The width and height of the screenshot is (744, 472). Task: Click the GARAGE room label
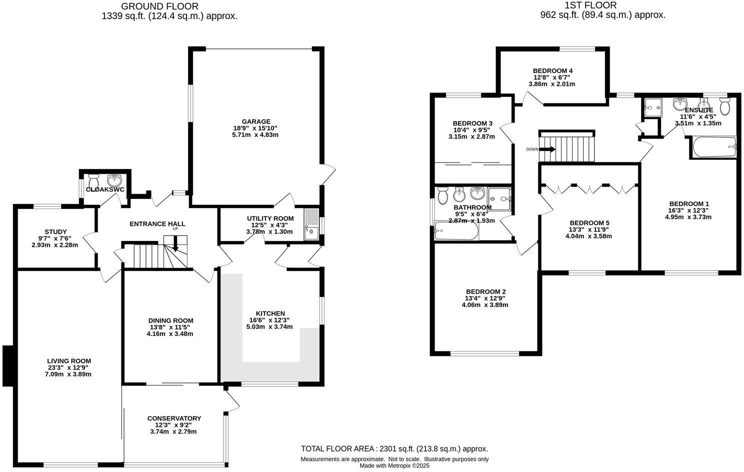[256, 121]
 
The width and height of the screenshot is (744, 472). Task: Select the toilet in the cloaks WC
[93, 179]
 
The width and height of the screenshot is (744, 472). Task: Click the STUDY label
[55, 231]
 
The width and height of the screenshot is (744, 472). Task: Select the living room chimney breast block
[7, 366]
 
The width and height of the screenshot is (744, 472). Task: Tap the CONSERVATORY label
[174, 418]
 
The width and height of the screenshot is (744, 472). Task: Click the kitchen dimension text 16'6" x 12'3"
[269, 320]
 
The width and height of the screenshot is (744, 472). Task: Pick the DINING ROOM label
[170, 320]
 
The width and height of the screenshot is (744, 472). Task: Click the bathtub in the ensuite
[714, 147]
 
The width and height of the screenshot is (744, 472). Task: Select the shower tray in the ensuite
[652, 107]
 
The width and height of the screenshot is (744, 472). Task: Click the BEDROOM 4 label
[552, 70]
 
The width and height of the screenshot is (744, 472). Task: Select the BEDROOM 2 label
[485, 291]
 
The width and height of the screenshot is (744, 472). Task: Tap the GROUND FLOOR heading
[160, 6]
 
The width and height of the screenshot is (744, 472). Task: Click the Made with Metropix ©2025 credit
[394, 465]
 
